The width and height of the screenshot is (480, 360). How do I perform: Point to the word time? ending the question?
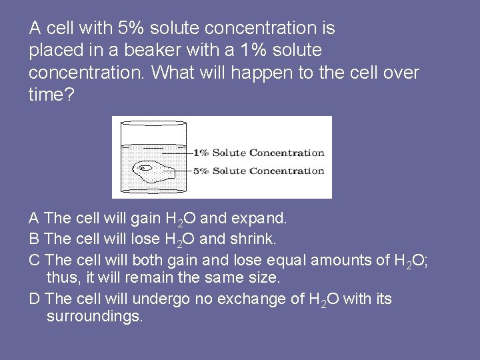click(x=51, y=95)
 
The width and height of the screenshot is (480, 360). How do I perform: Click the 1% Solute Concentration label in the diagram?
click(x=259, y=153)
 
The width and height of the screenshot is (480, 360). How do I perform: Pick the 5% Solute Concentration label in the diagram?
click(x=259, y=171)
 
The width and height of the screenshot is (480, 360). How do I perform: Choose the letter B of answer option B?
click(x=35, y=239)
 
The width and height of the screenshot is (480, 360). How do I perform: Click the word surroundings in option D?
click(x=94, y=316)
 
